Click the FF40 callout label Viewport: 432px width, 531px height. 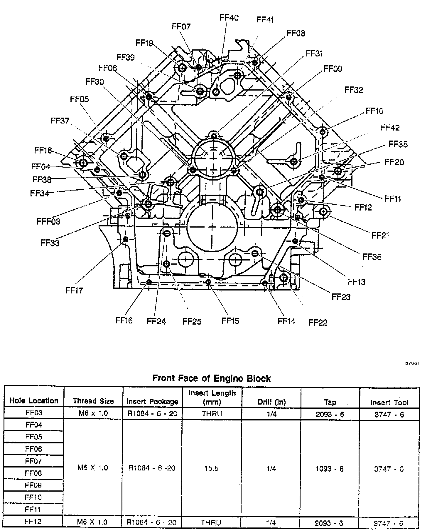(229, 18)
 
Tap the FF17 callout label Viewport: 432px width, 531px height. (74, 290)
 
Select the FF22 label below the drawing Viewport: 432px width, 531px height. (318, 323)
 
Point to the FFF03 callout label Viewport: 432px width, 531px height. (48, 221)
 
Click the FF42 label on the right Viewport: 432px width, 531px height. (390, 128)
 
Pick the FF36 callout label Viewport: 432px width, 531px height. (372, 257)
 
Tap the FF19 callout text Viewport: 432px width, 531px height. (144, 43)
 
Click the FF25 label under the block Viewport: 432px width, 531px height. (192, 321)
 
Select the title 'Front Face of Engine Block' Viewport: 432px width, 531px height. (211, 378)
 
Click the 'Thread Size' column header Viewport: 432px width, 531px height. (93, 401)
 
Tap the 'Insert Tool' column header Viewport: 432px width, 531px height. (389, 402)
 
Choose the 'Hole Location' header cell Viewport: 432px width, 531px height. (34, 400)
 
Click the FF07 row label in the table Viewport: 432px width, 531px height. (34, 461)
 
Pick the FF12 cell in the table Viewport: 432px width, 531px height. (33, 522)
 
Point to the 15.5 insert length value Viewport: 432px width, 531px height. (211, 468)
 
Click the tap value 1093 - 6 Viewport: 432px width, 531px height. (329, 469)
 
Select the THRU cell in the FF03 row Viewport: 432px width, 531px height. (212, 414)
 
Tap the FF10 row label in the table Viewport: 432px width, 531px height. (34, 497)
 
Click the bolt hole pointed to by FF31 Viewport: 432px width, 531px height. (214, 136)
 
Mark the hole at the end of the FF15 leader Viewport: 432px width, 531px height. (208, 282)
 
